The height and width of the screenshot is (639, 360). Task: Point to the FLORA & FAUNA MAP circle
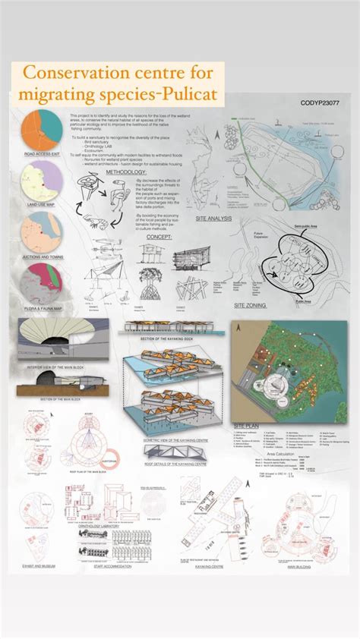(x=43, y=281)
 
